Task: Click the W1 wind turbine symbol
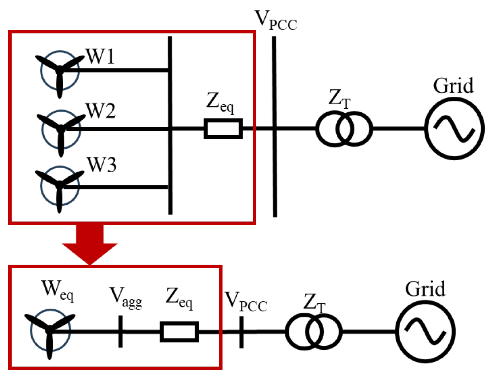[59, 71]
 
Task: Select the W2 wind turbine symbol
[61, 129]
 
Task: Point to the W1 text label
[100, 57]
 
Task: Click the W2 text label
[101, 111]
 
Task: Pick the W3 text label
[101, 165]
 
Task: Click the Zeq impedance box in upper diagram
[223, 129]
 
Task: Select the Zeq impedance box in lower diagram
[179, 332]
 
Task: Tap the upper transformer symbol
[344, 129]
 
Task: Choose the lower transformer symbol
[313, 332]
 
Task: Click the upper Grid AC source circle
[454, 129]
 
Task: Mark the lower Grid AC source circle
[425, 332]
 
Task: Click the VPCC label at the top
[276, 20]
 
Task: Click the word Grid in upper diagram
[453, 86]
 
